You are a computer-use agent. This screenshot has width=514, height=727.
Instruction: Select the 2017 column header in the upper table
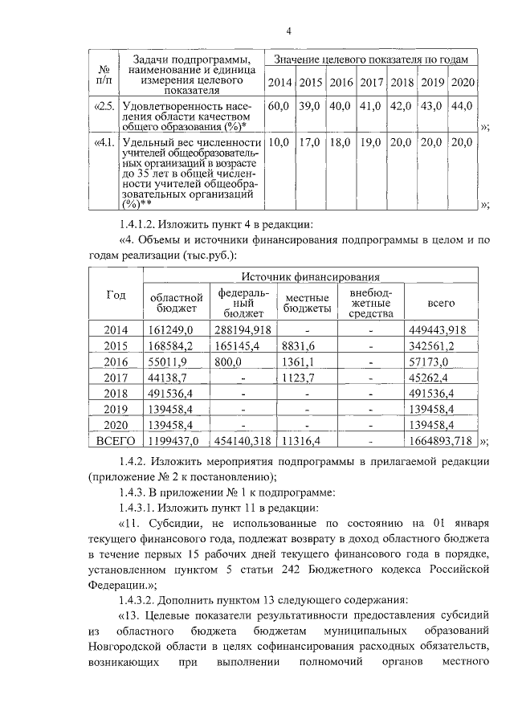point(371,83)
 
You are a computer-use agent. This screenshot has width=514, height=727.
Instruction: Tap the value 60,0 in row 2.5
point(279,106)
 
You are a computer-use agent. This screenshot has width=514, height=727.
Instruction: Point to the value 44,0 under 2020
point(462,106)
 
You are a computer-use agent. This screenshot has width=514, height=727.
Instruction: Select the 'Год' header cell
point(116,295)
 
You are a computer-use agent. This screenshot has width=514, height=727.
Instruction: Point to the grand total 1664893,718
point(440,440)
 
